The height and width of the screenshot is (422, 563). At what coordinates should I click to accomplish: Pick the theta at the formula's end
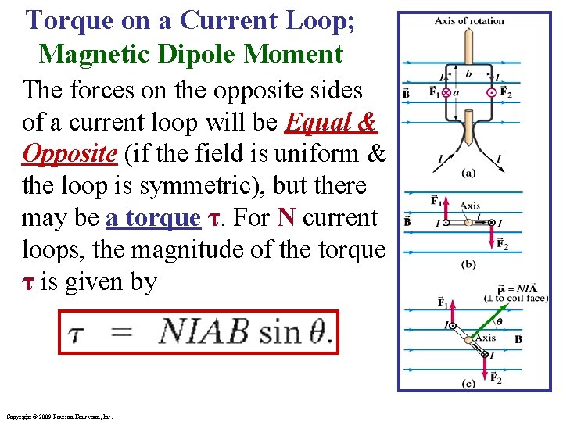pyautogui.click(x=319, y=332)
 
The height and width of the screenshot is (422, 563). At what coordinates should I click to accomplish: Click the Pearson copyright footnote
pyautogui.click(x=58, y=417)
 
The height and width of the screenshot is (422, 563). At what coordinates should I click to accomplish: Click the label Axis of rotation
pyautogui.click(x=469, y=21)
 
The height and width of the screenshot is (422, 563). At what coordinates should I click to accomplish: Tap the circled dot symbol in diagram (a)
pyautogui.click(x=491, y=92)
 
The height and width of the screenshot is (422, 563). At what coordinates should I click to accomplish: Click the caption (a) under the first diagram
pyautogui.click(x=468, y=173)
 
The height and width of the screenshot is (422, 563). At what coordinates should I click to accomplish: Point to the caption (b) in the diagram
pyautogui.click(x=468, y=265)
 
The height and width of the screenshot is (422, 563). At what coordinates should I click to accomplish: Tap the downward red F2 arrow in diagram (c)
pyautogui.click(x=491, y=366)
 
